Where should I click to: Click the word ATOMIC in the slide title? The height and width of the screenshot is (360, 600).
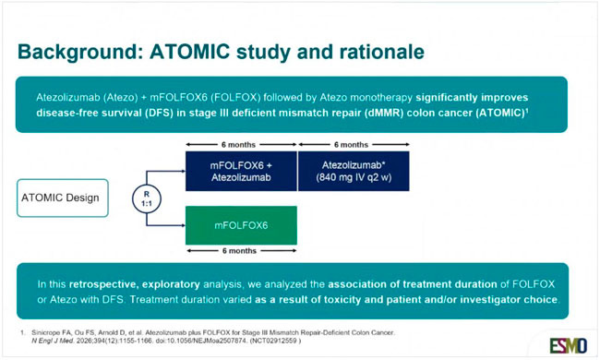(190, 52)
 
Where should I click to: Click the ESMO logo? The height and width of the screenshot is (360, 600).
(569, 346)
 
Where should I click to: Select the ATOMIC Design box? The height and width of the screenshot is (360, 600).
(63, 198)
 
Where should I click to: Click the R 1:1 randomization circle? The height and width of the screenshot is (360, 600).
(147, 198)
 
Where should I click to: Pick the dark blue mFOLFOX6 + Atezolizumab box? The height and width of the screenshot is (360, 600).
(241, 171)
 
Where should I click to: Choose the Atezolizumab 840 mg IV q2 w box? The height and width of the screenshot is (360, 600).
(354, 171)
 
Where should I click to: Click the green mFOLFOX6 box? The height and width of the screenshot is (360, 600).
(241, 225)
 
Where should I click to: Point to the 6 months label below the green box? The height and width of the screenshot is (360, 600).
(240, 251)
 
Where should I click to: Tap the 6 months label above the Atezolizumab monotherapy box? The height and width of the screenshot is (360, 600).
(351, 145)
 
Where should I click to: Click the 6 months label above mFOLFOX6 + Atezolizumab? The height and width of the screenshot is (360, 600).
(238, 145)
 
